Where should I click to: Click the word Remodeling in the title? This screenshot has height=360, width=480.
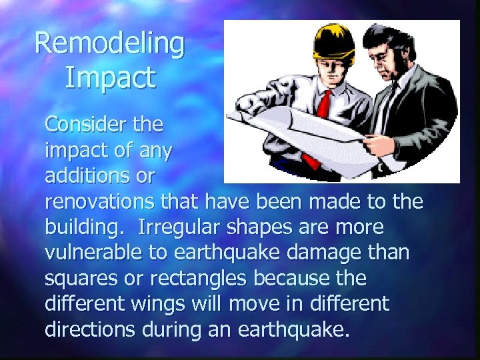[x=109, y=43]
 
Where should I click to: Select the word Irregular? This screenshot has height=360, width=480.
[x=179, y=227]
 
